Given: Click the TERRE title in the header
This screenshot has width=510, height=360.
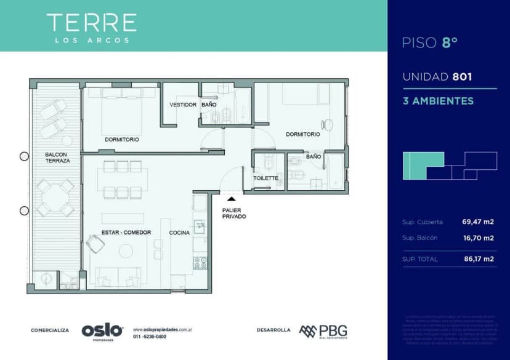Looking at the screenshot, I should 91,23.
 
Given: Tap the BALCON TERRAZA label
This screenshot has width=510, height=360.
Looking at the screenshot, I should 57,157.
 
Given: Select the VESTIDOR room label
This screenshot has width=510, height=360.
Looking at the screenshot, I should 183,105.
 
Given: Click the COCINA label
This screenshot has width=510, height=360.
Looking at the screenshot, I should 180,233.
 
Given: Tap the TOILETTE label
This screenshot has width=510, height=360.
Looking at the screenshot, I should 266,178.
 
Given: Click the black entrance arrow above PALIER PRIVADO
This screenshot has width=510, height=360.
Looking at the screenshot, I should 232,198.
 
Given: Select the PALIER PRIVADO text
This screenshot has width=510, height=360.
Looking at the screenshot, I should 235,214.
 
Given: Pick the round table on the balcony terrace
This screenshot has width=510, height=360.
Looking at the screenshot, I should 55,198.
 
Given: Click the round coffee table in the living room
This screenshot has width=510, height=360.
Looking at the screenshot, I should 126,250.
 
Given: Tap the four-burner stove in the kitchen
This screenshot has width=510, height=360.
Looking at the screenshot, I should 200,263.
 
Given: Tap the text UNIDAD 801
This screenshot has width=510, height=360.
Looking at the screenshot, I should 437,77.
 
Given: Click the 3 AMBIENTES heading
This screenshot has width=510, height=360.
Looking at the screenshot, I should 437,100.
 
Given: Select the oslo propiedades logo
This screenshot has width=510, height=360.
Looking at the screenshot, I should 102,330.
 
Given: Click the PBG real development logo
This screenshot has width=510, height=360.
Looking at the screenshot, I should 323,330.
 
